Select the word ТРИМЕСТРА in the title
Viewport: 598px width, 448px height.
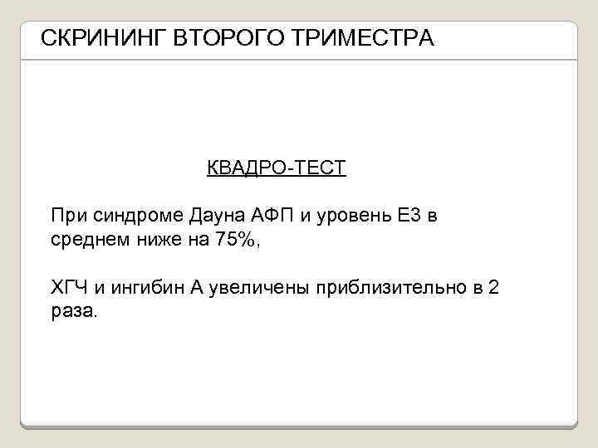(368, 38)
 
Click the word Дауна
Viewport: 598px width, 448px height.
(218, 217)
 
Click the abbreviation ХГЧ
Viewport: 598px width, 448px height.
(69, 289)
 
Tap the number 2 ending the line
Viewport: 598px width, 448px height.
(494, 289)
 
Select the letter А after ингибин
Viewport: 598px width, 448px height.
(196, 289)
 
